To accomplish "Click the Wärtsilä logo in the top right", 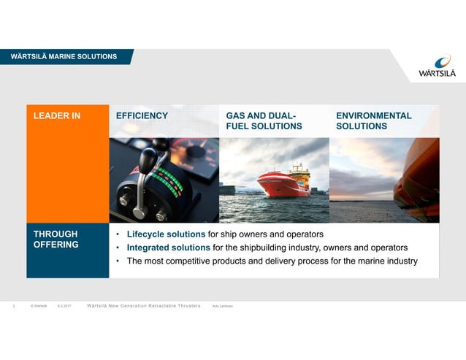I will point(437,66).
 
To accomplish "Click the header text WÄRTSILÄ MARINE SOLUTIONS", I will point(64,56).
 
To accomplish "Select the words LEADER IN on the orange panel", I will point(57,115).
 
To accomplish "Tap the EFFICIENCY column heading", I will point(142,115).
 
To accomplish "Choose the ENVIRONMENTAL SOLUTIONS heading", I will point(373,121).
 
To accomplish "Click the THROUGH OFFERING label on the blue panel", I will point(56,240).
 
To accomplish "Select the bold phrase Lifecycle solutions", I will point(166,234).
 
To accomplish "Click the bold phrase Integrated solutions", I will point(168,248).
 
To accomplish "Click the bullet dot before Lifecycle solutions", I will point(118,235).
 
